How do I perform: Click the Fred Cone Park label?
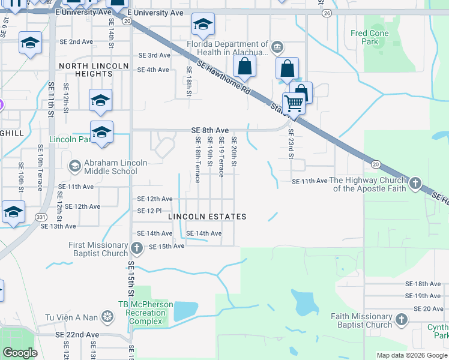click(x=370, y=37)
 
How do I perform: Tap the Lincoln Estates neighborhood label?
click(x=207, y=216)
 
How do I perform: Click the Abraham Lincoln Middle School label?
click(x=110, y=167)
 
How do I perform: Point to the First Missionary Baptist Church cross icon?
click(x=137, y=247)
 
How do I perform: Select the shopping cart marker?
click(x=294, y=103)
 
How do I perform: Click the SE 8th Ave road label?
click(x=209, y=130)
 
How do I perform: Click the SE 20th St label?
click(x=234, y=152)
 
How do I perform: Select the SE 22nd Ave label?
click(x=77, y=334)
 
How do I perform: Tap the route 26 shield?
click(x=327, y=13)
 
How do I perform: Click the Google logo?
click(x=20, y=352)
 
